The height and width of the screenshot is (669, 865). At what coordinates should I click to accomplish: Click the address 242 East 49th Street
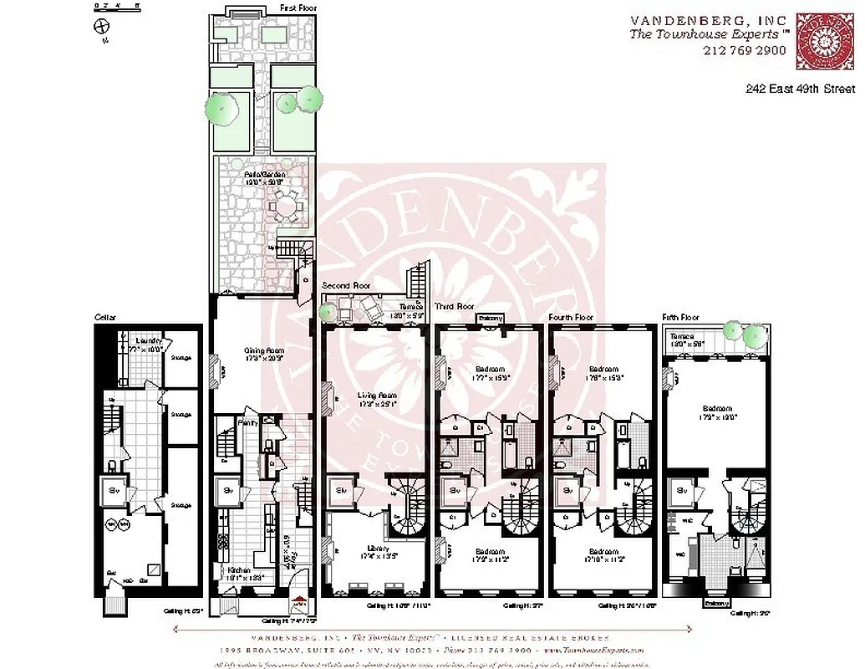tap(800, 89)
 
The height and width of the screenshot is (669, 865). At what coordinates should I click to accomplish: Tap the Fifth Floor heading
tap(680, 318)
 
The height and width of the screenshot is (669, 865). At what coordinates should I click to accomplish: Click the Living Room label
tap(376, 395)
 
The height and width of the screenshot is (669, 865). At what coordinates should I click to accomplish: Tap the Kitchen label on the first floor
tap(239, 571)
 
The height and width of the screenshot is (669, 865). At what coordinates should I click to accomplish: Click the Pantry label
tap(247, 424)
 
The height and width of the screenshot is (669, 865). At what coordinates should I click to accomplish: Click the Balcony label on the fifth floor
tap(715, 602)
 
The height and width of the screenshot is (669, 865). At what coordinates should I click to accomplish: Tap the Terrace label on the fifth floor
tap(682, 336)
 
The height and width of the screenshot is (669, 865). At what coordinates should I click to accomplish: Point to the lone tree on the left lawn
tap(221, 106)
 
